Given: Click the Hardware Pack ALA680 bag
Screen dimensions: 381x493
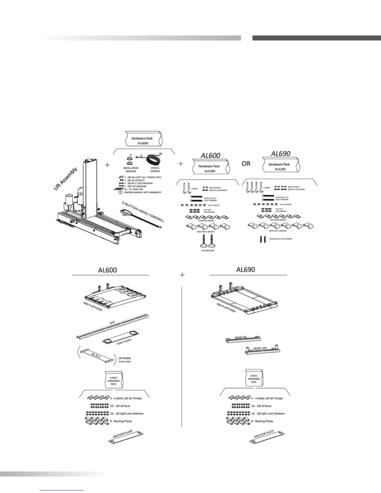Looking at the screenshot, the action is point(143,140).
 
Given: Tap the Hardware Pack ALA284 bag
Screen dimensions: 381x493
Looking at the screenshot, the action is point(210,168).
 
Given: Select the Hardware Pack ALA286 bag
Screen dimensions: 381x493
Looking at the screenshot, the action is point(280,166).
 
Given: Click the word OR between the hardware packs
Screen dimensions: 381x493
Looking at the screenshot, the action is point(246,163).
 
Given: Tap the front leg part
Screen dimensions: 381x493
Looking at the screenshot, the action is point(263,350).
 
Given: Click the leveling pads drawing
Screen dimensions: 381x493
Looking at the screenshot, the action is point(207,243).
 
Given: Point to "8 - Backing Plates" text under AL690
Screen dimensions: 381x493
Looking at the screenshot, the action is point(262,421).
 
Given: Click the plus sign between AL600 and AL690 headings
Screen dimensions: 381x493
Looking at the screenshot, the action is point(182,275).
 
